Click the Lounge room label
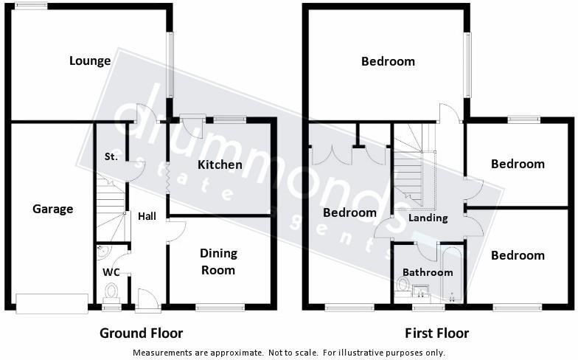pyautogui.click(x=90, y=60)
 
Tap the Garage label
pyautogui.click(x=53, y=209)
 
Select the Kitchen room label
pyautogui.click(x=220, y=165)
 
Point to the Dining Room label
pyautogui.click(x=219, y=261)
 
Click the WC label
pyautogui.click(x=111, y=272)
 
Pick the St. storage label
pyautogui.click(x=111, y=156)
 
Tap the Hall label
pyautogui.click(x=147, y=216)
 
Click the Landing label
pyautogui.click(x=428, y=218)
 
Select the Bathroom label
pyautogui.click(x=428, y=272)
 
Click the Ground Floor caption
pyautogui.click(x=141, y=333)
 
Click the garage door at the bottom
pyautogui.click(x=52, y=303)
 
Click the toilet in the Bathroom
pyautogui.click(x=403, y=285)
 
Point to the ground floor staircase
pyautogui.click(x=111, y=209)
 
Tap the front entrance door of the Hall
pyautogui.click(x=147, y=299)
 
